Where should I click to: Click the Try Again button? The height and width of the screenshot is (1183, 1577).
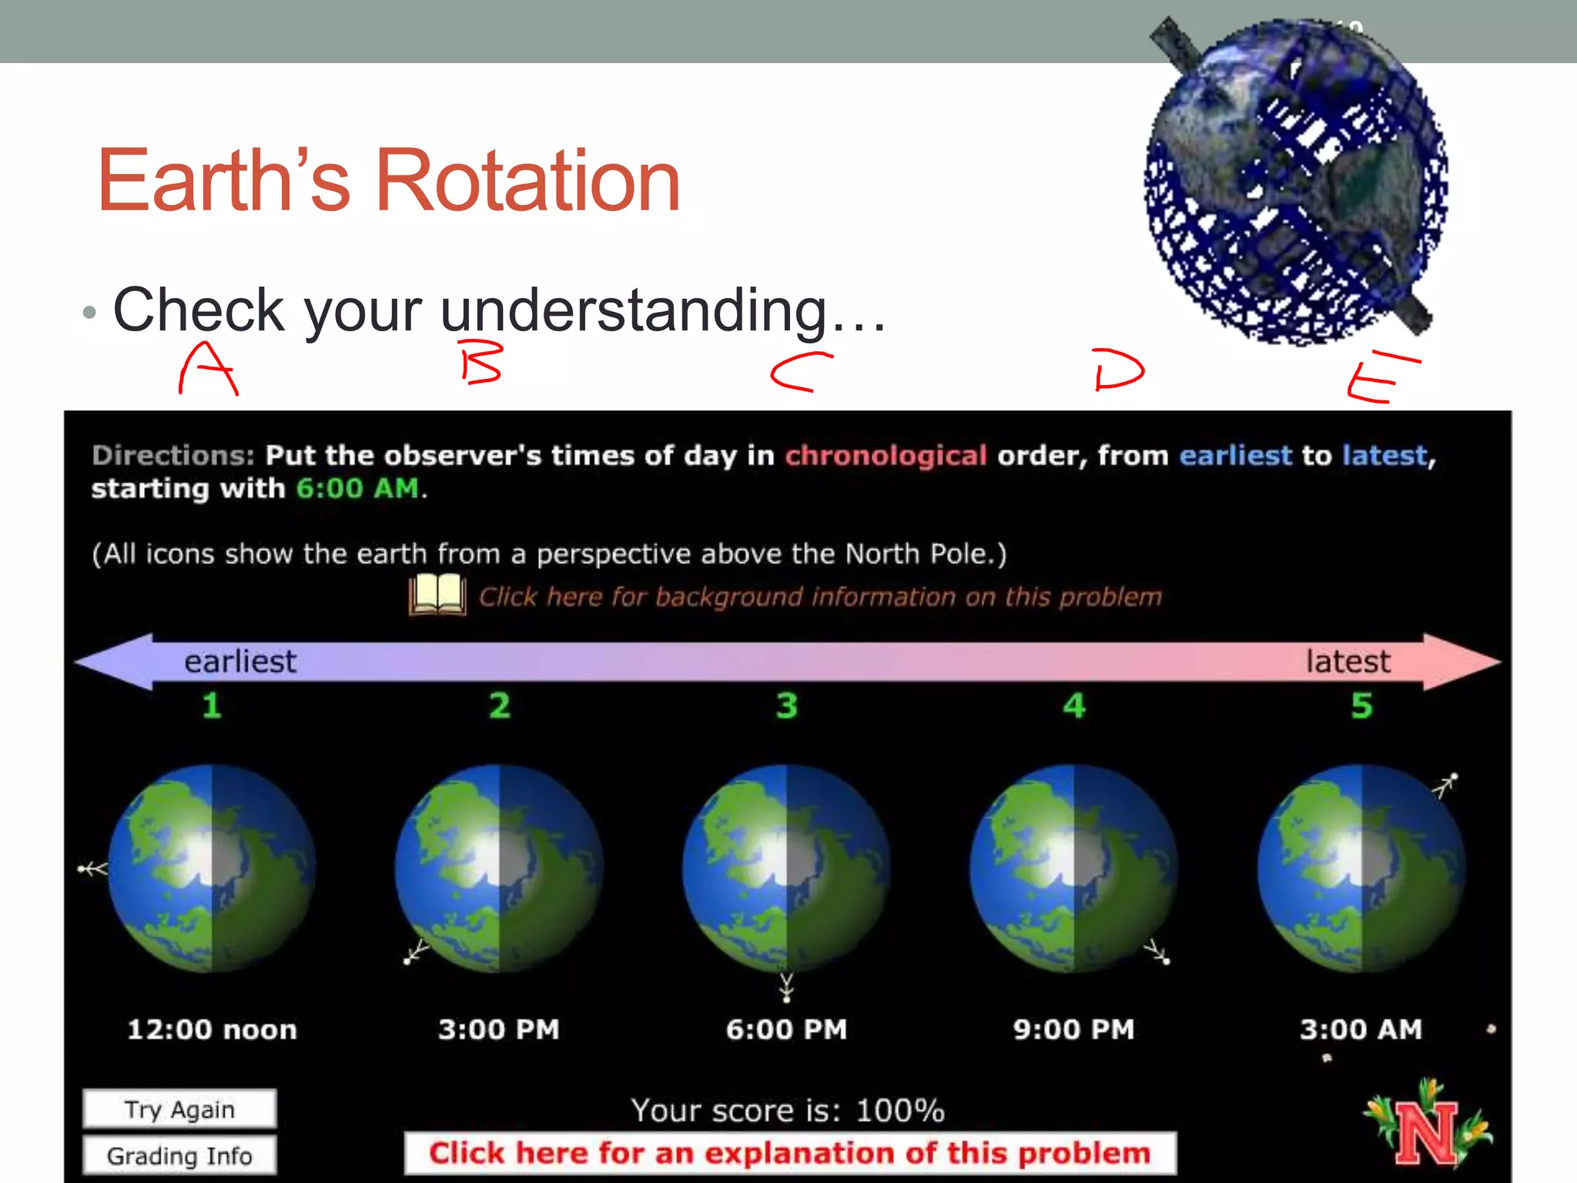[x=179, y=1109]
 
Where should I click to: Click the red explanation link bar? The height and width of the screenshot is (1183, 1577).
[x=790, y=1153]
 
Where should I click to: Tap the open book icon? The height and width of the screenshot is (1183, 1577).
[x=437, y=595]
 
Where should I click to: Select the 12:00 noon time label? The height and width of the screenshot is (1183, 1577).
[x=212, y=1030]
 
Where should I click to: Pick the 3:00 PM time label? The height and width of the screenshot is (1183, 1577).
[x=499, y=1030]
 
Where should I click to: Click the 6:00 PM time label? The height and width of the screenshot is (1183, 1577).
[x=786, y=1030]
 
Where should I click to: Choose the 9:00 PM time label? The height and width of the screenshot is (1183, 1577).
[x=1074, y=1030]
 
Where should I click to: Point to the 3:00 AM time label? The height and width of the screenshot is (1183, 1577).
[x=1361, y=1030]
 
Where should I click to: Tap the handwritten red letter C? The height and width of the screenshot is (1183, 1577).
[x=799, y=372]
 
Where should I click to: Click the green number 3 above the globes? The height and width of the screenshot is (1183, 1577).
[x=786, y=705]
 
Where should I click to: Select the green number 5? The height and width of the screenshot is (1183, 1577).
[x=1361, y=705]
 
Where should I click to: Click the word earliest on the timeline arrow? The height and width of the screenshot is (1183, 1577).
[x=240, y=662]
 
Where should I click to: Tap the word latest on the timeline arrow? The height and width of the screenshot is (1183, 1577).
[x=1348, y=662]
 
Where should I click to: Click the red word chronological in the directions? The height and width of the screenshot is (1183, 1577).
[x=886, y=455]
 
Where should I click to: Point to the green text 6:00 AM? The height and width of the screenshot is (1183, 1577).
[x=358, y=488]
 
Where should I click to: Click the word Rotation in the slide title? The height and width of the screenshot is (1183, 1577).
[x=527, y=181]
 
